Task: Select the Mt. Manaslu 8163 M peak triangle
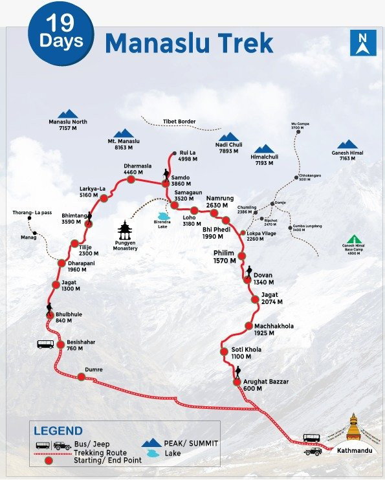pyautogui.click(x=120, y=133)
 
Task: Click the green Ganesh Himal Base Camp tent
pyautogui.click(x=353, y=239)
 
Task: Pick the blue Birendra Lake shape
pyautogui.click(x=163, y=217)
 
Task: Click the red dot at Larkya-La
pyautogui.click(x=104, y=199)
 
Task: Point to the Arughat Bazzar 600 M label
pyautogui.click(x=266, y=386)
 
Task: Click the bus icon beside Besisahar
pyautogui.click(x=45, y=344)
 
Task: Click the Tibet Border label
pyautogui.click(x=179, y=121)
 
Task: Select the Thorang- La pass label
pyautogui.click(x=32, y=212)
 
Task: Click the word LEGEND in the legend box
pyautogui.click(x=58, y=430)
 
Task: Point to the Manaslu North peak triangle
pyautogui.click(x=67, y=114)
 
